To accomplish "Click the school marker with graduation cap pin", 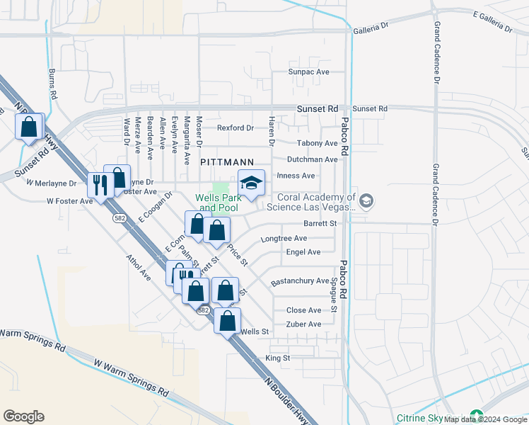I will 251,183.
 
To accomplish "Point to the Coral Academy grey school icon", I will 365,202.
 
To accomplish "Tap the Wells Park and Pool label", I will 218,203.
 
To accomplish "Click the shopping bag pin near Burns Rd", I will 29,127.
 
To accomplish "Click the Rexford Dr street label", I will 235,128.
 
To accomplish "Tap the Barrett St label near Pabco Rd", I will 318,223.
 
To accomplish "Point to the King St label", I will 278,358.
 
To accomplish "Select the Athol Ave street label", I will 138,266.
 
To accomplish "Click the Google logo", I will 23,416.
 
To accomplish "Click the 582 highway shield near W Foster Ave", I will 120,219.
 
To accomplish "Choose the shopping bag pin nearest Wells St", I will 228,321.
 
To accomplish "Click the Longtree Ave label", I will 284,239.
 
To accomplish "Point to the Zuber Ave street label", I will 303,324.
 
